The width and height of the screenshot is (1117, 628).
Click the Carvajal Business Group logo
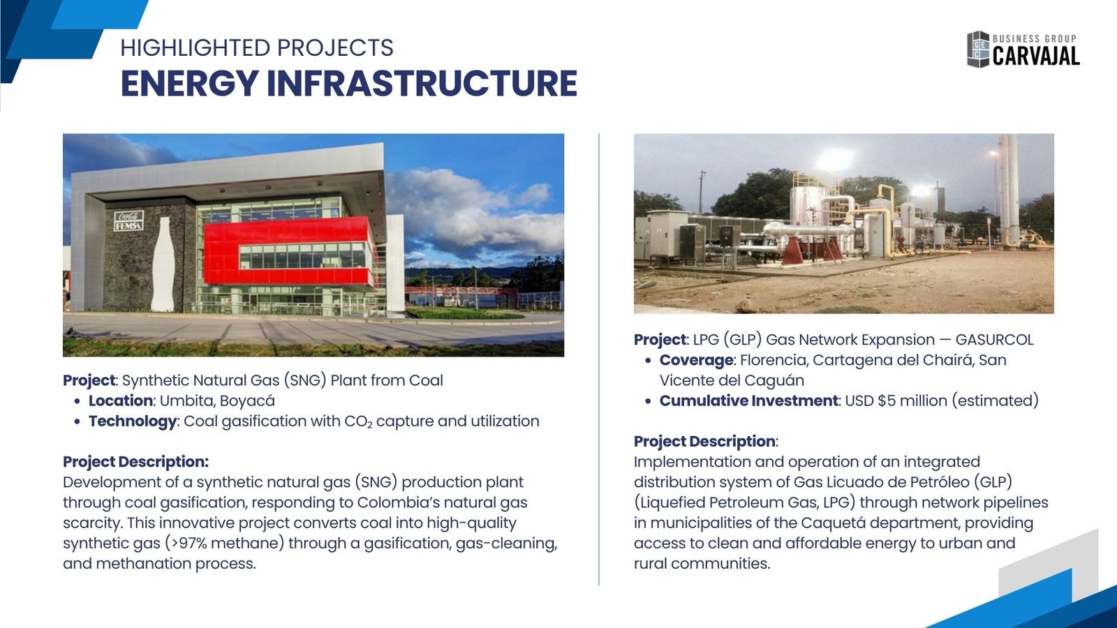[x=1023, y=50]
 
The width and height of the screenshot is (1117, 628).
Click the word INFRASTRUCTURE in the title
[x=422, y=83]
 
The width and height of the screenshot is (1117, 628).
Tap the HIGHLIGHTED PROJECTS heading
[x=257, y=48]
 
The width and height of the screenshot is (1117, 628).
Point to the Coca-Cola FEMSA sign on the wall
[x=128, y=220]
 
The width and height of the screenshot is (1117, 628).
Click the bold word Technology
[x=133, y=421]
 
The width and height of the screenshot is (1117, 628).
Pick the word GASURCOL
[x=994, y=340]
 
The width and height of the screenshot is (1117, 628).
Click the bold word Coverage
[x=696, y=360]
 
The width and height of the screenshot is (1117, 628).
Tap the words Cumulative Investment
[x=748, y=401]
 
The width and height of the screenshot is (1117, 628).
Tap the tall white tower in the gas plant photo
[x=1008, y=189]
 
